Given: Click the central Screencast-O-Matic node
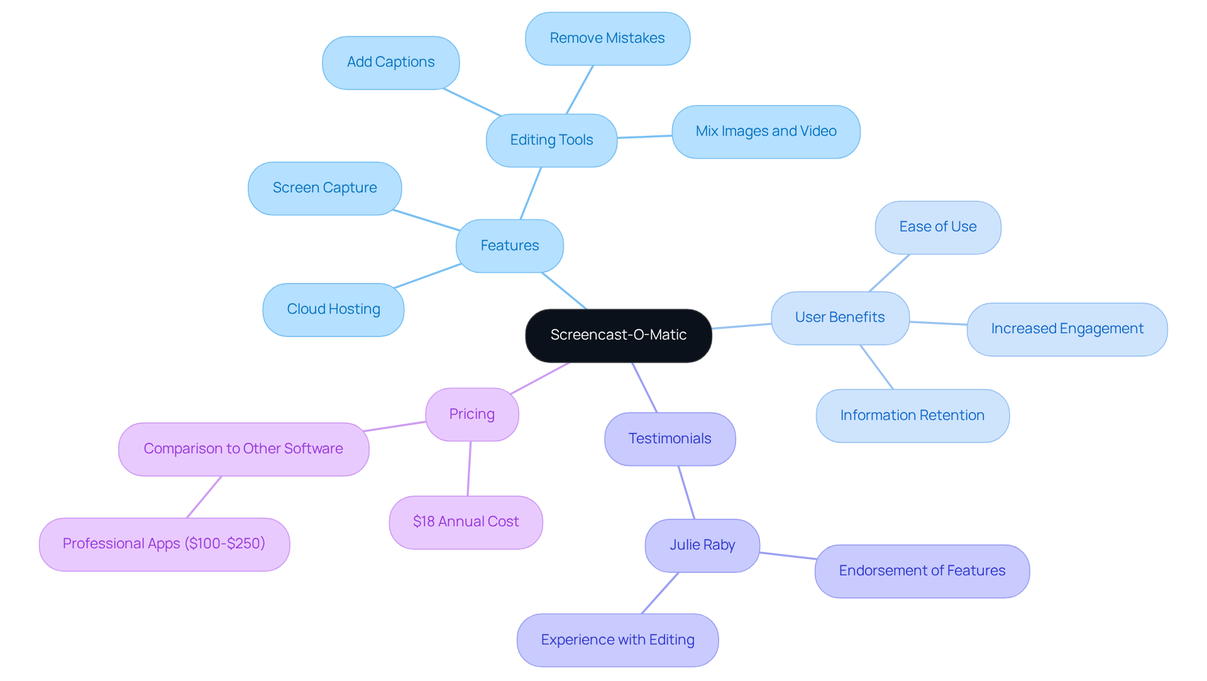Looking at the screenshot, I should tap(619, 335).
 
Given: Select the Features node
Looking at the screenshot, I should tap(509, 246).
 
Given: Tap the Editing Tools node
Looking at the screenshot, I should tap(551, 140).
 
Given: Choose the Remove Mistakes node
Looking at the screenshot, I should tap(607, 38).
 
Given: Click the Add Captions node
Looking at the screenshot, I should tap(390, 62).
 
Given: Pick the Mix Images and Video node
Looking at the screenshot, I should tap(766, 131).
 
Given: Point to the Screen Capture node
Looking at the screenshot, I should tap(324, 188).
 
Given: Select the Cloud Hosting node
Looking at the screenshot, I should tap(333, 309).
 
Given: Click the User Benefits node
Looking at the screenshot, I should tap(840, 318).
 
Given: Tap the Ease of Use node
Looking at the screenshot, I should tap(938, 227).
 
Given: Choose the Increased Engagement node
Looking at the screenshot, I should tap(1067, 329).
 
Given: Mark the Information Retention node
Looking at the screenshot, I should tap(912, 416).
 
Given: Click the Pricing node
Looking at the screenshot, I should tap(471, 414).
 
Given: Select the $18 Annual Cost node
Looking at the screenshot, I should tap(466, 522).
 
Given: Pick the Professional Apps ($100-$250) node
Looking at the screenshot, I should tap(164, 544).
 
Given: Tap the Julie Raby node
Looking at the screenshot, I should tap(702, 545).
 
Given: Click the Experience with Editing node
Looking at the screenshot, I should tap(617, 640).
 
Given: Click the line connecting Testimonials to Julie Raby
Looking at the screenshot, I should tap(686, 492).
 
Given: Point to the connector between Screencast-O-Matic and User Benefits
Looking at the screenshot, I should tap(742, 326).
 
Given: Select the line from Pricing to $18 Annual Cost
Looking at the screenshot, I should tap(469, 468).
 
